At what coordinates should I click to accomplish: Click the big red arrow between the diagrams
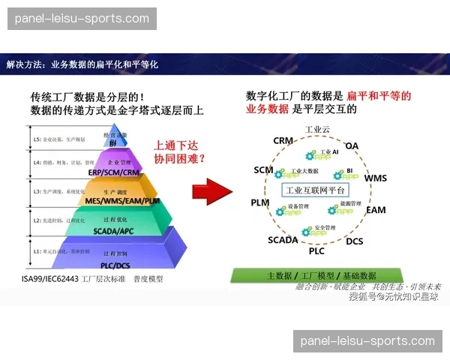211,191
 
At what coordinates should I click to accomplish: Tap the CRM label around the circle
283,141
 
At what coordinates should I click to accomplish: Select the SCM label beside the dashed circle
263,170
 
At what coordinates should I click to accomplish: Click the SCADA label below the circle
283,240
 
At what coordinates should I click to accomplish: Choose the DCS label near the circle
354,241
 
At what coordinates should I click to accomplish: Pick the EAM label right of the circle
376,211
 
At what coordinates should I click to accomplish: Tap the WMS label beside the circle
376,178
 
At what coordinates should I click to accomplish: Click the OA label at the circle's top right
352,145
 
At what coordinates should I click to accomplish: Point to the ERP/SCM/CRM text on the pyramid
115,172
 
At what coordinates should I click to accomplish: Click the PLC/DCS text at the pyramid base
116,265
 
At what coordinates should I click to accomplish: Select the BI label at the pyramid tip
113,142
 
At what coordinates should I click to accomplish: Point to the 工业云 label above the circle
317,129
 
